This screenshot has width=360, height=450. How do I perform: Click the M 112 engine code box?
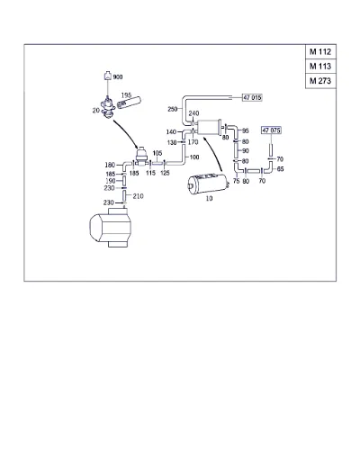[x=320, y=52]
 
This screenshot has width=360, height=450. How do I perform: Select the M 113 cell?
[x=320, y=67]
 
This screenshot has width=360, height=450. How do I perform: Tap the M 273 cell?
[x=320, y=81]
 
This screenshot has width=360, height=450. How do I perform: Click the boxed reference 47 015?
[x=252, y=97]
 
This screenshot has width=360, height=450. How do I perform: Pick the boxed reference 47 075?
[x=271, y=130]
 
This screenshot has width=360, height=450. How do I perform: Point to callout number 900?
[x=118, y=77]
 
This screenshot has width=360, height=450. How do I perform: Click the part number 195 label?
[x=126, y=95]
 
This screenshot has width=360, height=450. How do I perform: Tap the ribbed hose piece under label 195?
[x=129, y=103]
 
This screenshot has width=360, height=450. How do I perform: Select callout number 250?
[x=173, y=109]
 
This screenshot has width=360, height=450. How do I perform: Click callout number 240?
[x=193, y=113]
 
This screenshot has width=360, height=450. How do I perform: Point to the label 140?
[x=171, y=132]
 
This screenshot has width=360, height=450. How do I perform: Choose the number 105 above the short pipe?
[x=157, y=153]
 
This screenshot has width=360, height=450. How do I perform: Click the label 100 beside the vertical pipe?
[x=194, y=157]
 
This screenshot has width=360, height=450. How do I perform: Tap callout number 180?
[x=110, y=165]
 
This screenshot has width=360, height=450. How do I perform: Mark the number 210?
[x=138, y=196]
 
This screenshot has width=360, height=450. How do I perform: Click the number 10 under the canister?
[x=209, y=198]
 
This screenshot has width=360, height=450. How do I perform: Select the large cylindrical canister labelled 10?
[x=209, y=184]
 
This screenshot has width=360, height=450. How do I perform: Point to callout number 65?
[x=280, y=169]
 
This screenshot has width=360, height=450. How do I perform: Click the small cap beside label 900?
[x=107, y=76]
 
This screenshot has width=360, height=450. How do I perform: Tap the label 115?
[x=150, y=173]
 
